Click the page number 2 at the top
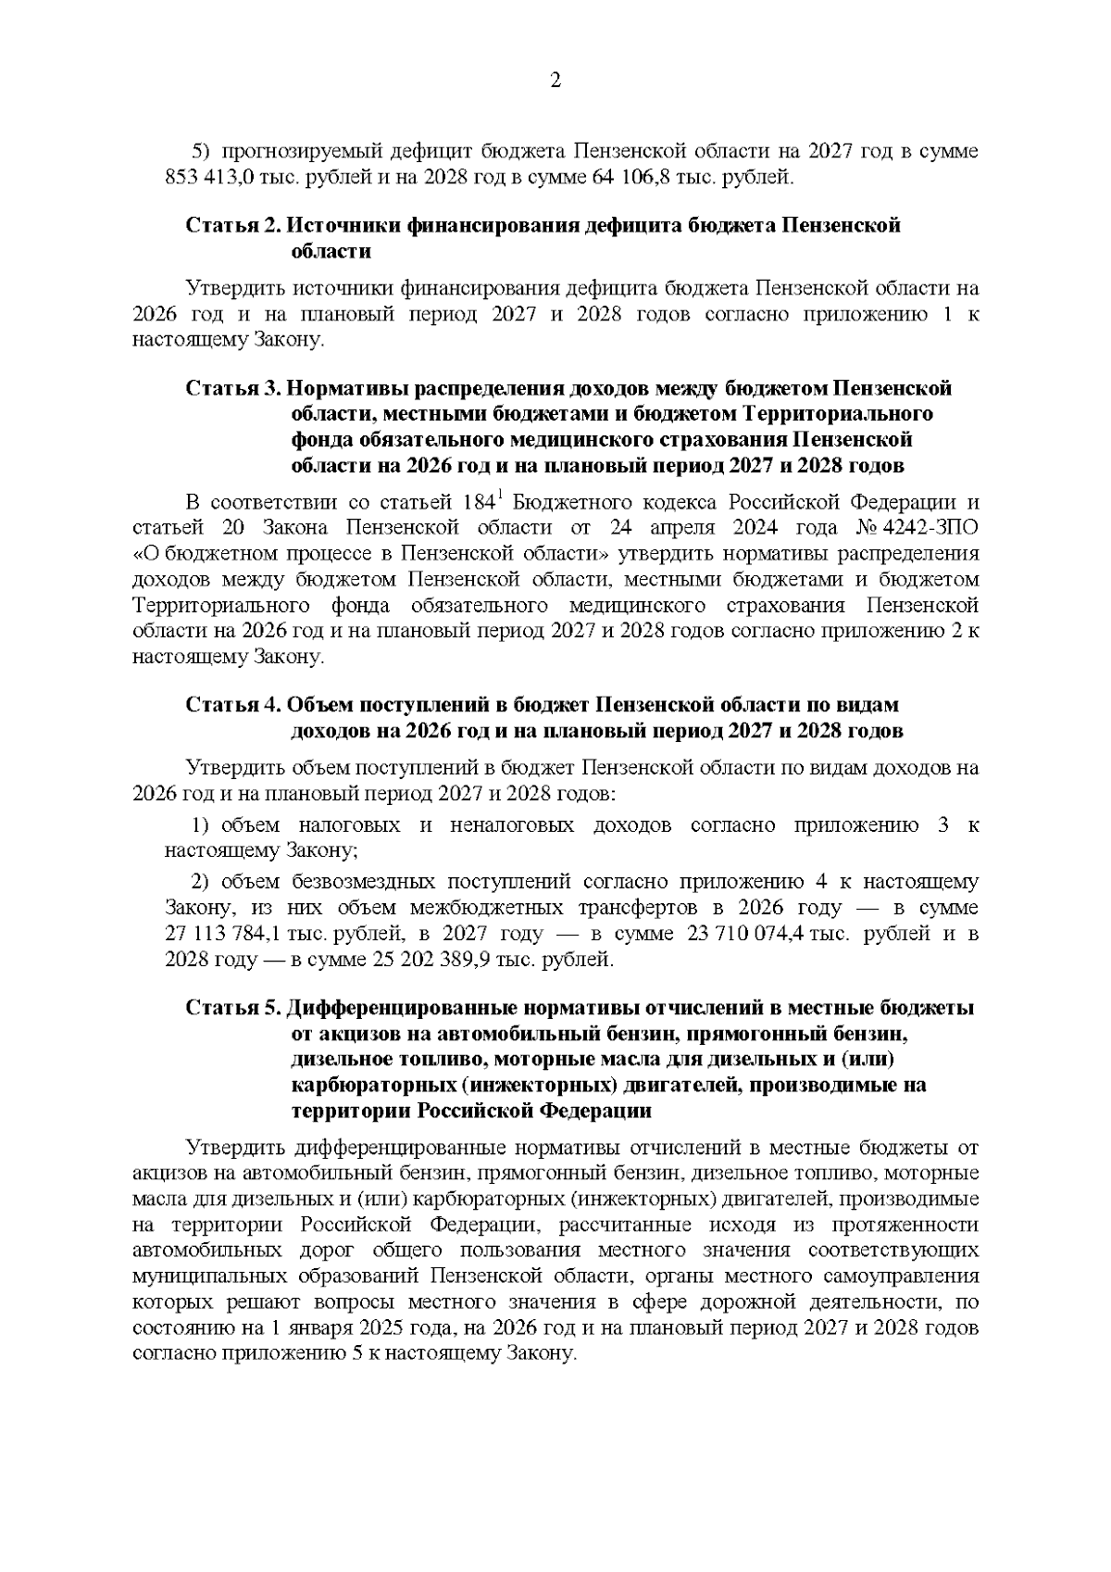tap(555, 81)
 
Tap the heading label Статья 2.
tap(232, 226)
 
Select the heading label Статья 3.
tap(232, 388)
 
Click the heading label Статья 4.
tap(232, 706)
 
